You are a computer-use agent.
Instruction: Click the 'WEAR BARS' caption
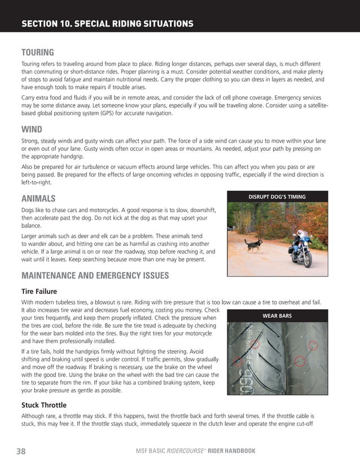pyautogui.click(x=277, y=316)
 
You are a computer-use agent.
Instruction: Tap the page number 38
pyautogui.click(x=21, y=451)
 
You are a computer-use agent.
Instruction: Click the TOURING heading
pyautogui.click(x=37, y=52)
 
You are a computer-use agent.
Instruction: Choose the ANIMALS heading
pyautogui.click(x=38, y=198)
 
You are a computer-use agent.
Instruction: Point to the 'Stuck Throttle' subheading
pyautogui.click(x=44, y=405)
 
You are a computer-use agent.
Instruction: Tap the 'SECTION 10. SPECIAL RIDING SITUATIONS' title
pyautogui.click(x=107, y=24)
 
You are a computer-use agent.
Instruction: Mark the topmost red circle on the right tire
pyautogui.click(x=313, y=345)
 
